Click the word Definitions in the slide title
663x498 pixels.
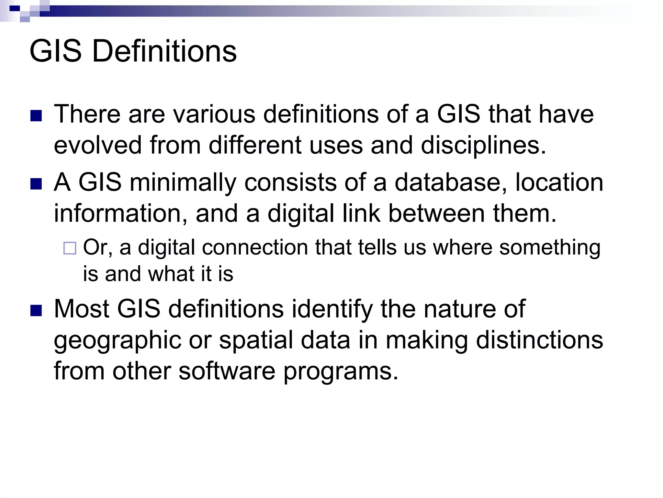tap(164, 51)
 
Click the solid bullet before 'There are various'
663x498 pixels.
tap(36, 116)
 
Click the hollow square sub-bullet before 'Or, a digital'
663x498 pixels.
tap(70, 248)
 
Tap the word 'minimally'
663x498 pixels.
tap(183, 183)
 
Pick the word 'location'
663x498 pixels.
tap(559, 182)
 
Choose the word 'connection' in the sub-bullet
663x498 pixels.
tap(255, 247)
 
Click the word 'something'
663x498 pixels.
tap(550, 248)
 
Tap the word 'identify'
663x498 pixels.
tap(332, 309)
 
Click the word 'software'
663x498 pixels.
tap(227, 371)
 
